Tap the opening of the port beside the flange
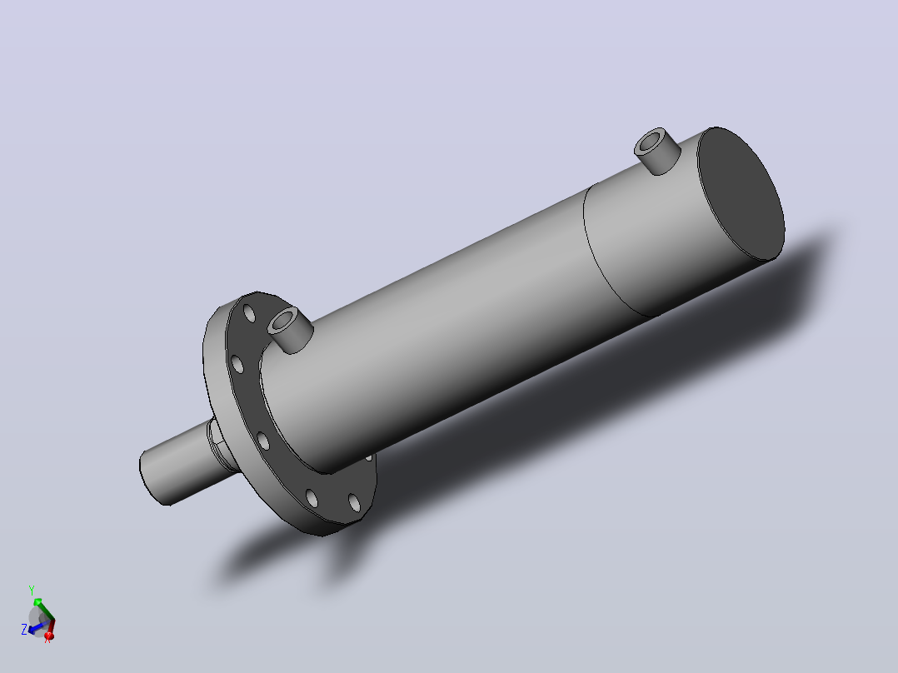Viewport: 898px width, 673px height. tap(282, 322)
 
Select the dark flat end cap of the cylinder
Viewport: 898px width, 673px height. tap(741, 193)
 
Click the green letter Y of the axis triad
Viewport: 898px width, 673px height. tap(32, 590)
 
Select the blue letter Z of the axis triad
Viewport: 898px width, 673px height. tap(24, 630)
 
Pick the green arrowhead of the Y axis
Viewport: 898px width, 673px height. tap(37, 601)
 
